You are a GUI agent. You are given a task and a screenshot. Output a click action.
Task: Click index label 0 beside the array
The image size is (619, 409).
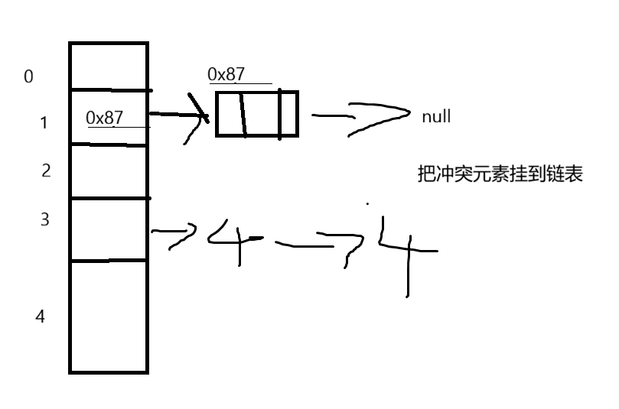(x=29, y=76)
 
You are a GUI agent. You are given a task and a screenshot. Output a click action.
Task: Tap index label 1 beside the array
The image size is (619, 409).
(x=44, y=122)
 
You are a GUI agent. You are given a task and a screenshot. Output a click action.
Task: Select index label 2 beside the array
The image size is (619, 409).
(x=46, y=170)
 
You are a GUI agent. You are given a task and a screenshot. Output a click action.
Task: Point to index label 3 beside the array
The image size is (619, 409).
(x=44, y=220)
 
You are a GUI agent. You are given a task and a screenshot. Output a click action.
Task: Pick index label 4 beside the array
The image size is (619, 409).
(x=41, y=316)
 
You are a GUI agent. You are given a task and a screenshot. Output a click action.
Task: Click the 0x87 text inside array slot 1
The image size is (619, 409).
(x=105, y=118)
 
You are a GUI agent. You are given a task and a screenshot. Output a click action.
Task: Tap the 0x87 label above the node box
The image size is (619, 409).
(x=226, y=74)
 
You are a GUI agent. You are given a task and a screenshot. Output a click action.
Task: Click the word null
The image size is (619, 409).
(x=435, y=117)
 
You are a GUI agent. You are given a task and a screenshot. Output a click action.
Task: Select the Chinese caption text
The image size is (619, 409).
(x=498, y=174)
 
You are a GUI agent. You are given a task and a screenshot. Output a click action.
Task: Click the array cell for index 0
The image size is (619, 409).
(x=108, y=66)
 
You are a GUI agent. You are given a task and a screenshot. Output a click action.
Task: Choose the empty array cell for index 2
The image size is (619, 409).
(x=108, y=171)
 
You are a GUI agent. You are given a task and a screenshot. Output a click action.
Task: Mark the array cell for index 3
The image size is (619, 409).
(x=108, y=229)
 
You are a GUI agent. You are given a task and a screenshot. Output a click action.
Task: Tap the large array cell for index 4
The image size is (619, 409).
(x=108, y=315)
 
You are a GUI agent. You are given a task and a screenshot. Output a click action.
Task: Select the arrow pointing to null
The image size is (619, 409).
(x=360, y=118)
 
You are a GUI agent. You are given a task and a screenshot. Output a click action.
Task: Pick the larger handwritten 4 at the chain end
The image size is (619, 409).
(x=406, y=248)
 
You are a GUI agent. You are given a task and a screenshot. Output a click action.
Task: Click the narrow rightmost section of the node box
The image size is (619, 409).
(x=288, y=114)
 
